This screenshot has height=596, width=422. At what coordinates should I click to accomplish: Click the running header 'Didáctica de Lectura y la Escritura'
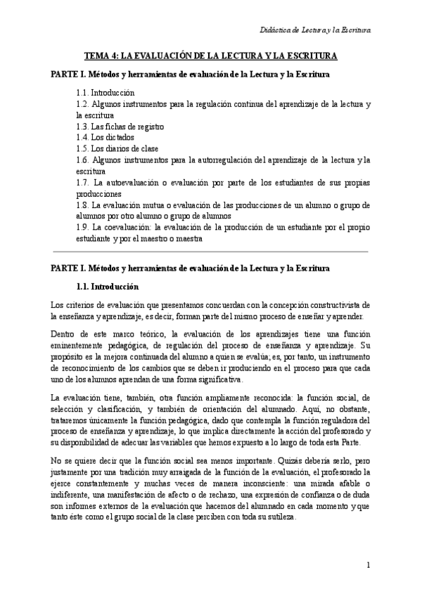[x=314, y=30]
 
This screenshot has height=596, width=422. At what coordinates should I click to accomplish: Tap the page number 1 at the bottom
[x=369, y=564]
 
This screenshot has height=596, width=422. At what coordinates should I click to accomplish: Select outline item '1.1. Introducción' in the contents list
[x=105, y=93]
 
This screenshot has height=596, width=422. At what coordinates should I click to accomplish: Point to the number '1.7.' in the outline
[x=82, y=182]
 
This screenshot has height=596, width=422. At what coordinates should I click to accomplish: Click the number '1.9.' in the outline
[x=82, y=228]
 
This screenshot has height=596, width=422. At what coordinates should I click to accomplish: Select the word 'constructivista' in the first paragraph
[x=335, y=305]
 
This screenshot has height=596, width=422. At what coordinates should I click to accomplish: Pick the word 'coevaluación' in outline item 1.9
[x=127, y=228]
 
